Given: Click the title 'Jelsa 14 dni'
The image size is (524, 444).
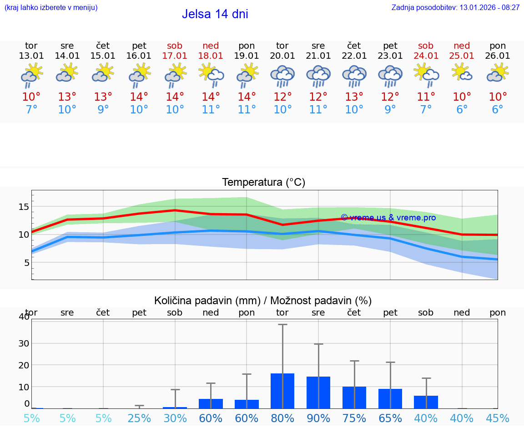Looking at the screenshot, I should click(215, 14).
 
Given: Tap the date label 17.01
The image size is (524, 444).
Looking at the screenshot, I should click(175, 56).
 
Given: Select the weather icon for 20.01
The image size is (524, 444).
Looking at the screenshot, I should click(282, 76).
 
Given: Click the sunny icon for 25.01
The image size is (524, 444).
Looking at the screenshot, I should click(462, 73).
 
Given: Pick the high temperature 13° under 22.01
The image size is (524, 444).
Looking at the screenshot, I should click(354, 97).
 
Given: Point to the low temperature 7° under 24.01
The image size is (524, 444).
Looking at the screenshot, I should click(426, 110).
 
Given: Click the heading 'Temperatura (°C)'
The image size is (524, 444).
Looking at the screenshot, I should click(263, 183).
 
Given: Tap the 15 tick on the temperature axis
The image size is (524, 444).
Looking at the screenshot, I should click(24, 207).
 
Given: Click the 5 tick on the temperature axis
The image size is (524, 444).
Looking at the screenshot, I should click(26, 263).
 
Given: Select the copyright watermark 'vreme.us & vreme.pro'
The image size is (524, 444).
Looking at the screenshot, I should click(388, 218).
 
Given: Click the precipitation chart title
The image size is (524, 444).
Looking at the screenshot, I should click(263, 301).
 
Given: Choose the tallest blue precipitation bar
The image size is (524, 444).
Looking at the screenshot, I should click(282, 391).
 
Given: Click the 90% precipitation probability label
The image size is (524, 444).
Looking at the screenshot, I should click(318, 418).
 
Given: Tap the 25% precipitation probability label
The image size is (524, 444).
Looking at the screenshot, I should click(139, 418).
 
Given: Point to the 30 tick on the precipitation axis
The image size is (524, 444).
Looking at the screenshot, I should click(24, 343).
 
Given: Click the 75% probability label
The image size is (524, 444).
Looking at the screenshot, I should click(354, 418).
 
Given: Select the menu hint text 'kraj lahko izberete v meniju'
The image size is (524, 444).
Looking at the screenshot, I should click(51, 7).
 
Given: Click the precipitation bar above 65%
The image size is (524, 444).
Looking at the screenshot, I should click(390, 398).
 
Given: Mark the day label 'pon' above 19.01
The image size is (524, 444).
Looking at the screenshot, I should click(247, 46).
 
